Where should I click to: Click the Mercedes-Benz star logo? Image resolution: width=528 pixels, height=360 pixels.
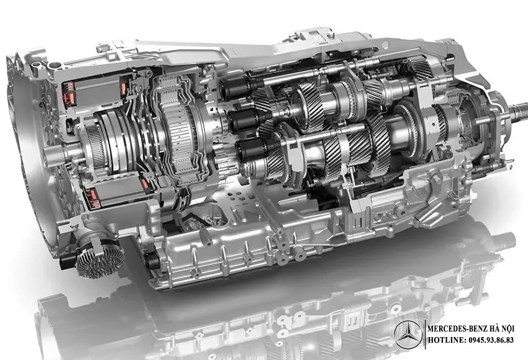[408, 335]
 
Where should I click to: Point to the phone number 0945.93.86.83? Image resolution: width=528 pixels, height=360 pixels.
[491, 340]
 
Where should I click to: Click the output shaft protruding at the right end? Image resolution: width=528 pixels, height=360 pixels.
[519, 112]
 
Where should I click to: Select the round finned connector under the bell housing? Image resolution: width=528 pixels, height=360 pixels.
[99, 258]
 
